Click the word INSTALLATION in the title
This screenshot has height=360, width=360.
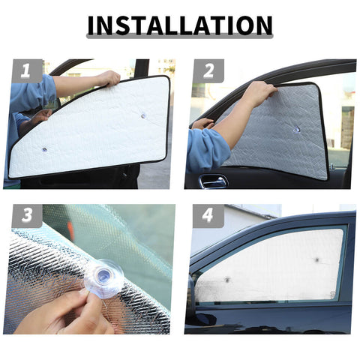tap(179, 25)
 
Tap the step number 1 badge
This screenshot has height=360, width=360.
tap(25, 71)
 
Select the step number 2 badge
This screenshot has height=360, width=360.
tap(208, 71)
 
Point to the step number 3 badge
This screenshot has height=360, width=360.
tap(25, 216)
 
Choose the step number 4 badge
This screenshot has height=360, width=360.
tap(208, 216)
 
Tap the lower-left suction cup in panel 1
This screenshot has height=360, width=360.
tap(44, 149)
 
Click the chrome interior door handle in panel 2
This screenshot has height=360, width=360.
tap(213, 181)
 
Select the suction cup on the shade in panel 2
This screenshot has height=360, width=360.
tap(296, 130)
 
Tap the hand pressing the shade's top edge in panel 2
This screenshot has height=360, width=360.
tap(259, 93)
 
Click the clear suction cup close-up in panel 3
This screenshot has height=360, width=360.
tap(102, 276)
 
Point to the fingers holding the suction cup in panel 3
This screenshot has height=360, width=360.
tap(64, 315)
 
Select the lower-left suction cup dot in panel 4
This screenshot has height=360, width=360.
tap(225, 279)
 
